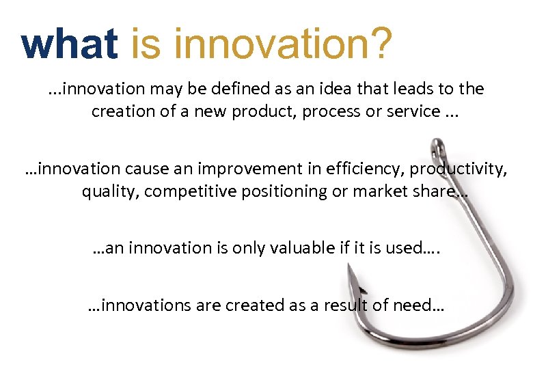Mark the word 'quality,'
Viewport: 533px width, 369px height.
[x=108, y=191]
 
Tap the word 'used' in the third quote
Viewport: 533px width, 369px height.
[x=404, y=248]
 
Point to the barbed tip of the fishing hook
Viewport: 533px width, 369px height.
[x=351, y=270]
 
